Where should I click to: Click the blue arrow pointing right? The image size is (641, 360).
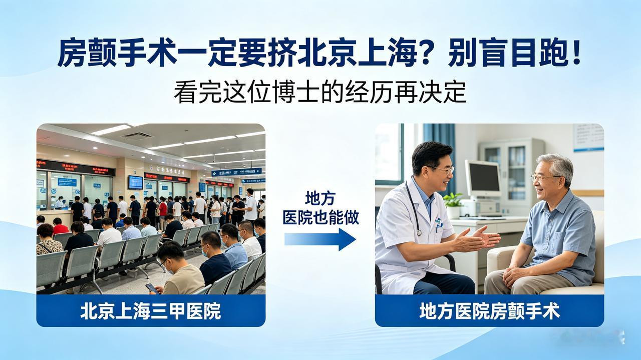click(x=320, y=239)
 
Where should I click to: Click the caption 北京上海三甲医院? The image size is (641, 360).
click(x=151, y=311)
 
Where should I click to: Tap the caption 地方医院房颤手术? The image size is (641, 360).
click(x=489, y=311)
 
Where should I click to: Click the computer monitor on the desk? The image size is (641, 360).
click(x=483, y=179)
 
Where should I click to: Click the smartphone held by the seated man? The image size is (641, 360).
click(x=152, y=288)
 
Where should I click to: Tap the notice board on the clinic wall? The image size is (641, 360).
click(x=588, y=137)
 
